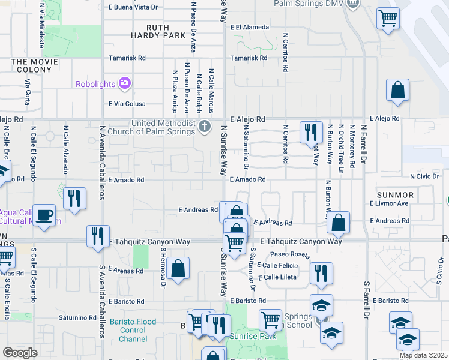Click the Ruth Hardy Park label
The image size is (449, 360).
coord(158,31)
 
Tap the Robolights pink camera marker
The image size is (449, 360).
coord(125,83)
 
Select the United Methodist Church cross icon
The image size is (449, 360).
coord(205,126)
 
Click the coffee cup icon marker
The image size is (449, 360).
coord(44,215)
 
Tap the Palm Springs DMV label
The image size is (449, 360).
coord(310,4)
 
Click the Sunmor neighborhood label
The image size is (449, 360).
coord(395,195)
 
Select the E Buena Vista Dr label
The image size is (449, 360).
coord(133,7)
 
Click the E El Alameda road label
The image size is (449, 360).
coord(251,27)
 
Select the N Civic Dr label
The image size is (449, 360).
coord(424,176)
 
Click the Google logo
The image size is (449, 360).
coord(20,353)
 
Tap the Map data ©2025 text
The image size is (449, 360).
coord(423,355)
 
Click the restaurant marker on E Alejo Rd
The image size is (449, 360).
coord(311,132)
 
